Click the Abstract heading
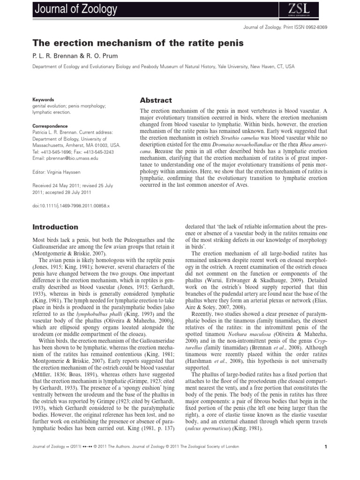click(x=156, y=100)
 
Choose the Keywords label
click(x=43, y=100)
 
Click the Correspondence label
click(x=50, y=126)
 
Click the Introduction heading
click(x=55, y=227)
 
